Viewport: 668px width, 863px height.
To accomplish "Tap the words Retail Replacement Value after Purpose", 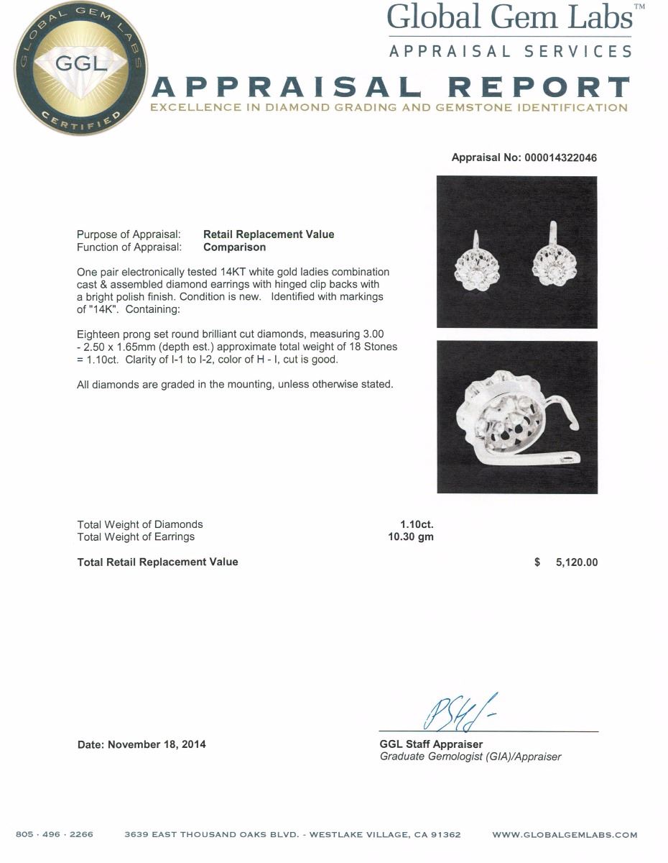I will click(x=269, y=234).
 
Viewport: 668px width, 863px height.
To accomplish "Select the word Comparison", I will click(x=234, y=247).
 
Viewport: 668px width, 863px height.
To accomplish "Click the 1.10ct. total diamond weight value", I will click(x=417, y=524).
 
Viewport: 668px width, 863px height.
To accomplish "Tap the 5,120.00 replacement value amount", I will click(x=576, y=562).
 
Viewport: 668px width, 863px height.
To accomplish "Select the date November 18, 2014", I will click(x=157, y=744).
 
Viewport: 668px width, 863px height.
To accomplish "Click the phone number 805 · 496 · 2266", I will click(x=55, y=835).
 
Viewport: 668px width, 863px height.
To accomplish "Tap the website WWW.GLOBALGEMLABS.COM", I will click(x=565, y=835).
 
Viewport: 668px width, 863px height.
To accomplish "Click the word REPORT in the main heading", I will click(x=539, y=88).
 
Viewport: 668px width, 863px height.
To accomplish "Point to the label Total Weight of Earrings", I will click(x=136, y=536).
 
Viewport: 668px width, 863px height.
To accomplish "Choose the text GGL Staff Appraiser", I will click(x=431, y=744).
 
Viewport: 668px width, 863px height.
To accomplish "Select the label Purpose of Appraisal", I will click(x=129, y=234).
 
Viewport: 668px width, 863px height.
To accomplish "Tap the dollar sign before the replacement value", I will click(x=537, y=562).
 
